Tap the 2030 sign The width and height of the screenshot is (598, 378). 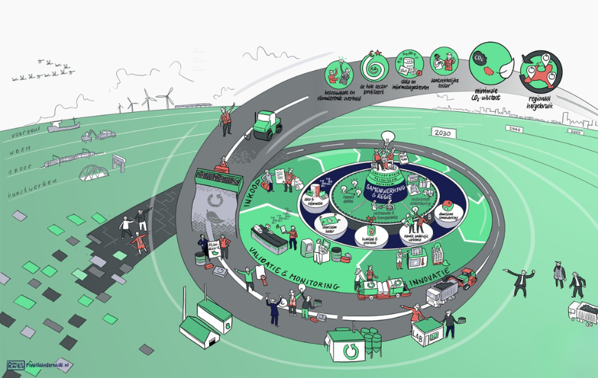click(443, 133)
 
